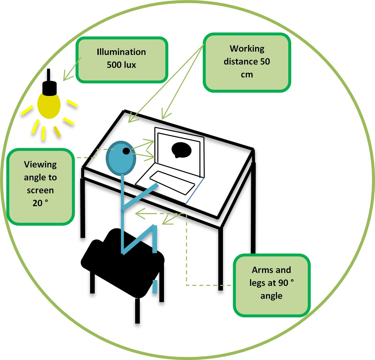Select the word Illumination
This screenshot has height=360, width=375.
point(121,52)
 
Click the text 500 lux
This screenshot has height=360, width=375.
point(121,65)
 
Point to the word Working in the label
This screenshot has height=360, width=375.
point(247,49)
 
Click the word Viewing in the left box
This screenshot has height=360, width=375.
point(40,164)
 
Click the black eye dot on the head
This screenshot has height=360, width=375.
point(126,151)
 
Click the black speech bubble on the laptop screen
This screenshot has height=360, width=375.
point(181,150)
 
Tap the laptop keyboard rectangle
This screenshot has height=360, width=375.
point(172,183)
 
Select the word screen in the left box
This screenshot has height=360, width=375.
point(40,190)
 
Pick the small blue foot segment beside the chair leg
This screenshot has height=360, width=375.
point(154,287)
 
